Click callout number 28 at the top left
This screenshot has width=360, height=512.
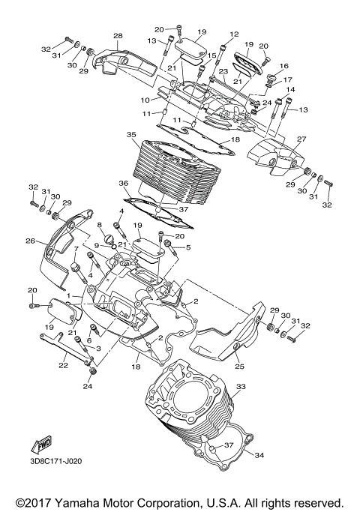tap(117, 36)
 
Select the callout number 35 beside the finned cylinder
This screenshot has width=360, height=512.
tap(132, 136)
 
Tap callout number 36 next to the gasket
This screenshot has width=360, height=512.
tap(124, 183)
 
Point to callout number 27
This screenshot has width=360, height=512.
tap(280, 139)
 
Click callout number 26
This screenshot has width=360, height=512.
tap(31, 241)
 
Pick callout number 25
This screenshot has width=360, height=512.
tap(239, 367)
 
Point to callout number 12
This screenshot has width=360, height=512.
tap(234, 34)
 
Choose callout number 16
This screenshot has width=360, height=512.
tap(283, 67)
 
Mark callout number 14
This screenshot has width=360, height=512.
tap(290, 90)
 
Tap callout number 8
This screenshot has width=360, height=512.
tap(98, 225)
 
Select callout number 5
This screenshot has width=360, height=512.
tap(188, 247)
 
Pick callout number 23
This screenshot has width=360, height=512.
tap(202, 71)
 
